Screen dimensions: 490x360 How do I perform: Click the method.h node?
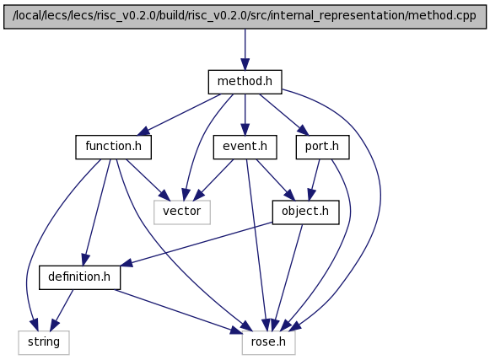tap(245, 82)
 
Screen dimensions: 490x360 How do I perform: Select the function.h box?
tap(114, 147)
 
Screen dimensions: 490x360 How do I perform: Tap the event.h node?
tap(245, 147)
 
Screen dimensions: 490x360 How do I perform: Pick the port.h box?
tap(322, 147)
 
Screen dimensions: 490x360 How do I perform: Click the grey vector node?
tap(182, 212)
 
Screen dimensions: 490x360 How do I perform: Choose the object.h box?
tap(305, 212)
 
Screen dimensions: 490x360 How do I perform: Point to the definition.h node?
tap(79, 277)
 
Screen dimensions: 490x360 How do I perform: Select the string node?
tap(44, 342)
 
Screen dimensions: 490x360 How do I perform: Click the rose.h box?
tap(268, 342)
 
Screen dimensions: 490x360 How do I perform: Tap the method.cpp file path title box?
tap(245, 17)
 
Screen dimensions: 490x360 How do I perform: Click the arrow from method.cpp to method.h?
tap(245, 50)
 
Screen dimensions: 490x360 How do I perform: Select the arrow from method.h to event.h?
tap(245, 115)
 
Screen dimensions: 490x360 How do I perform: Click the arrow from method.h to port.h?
tap(283, 115)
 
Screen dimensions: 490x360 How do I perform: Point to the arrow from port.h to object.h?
tap(314, 180)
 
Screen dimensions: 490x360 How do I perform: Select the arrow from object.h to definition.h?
tap(197, 244)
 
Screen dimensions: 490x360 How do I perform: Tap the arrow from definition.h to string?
tap(62, 310)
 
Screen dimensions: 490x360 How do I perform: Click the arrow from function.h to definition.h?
tap(96, 212)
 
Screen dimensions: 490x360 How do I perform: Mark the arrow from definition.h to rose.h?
tap(178, 312)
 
